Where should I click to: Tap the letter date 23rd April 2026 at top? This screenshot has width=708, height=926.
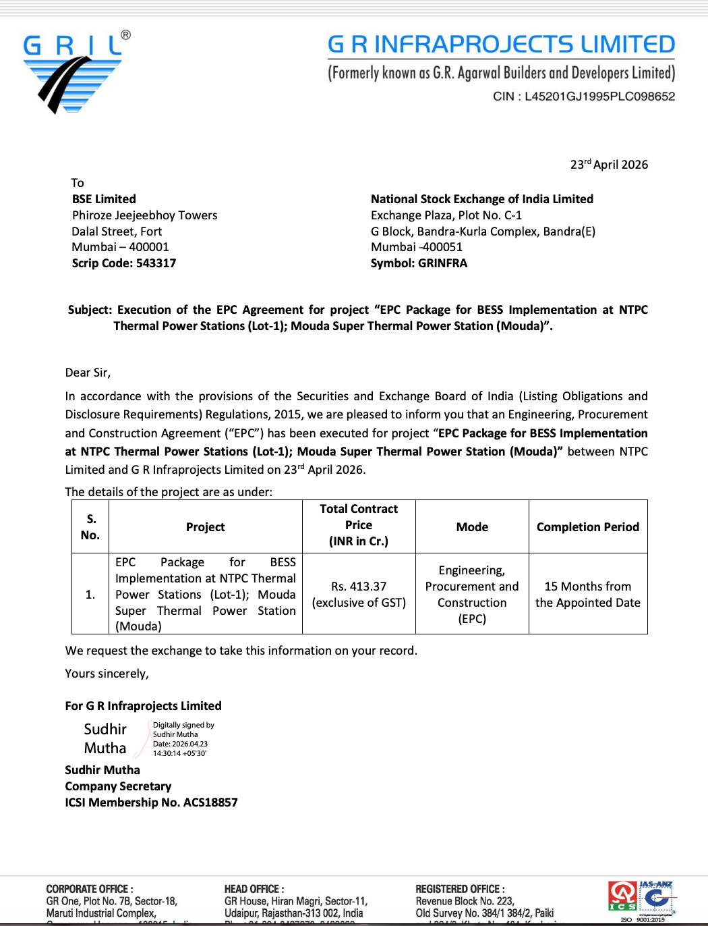pos(609,165)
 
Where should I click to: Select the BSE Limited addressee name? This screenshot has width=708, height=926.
pos(104,199)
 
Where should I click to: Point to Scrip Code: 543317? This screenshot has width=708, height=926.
pos(124,263)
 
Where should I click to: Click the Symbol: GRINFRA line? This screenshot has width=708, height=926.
pos(419,263)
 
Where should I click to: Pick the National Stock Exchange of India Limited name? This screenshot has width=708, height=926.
pos(482,199)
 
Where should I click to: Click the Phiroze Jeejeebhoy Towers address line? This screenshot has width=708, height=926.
pos(145,215)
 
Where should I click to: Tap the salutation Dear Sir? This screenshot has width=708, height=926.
pos(88,373)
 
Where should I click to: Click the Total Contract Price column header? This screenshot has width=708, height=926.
pos(359,525)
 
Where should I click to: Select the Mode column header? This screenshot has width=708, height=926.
pos(472,527)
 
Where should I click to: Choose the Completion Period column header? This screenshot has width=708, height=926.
pos(588,527)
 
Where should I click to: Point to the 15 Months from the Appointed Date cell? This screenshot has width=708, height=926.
pos(588,595)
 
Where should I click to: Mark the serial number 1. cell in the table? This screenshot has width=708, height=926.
pos(90,595)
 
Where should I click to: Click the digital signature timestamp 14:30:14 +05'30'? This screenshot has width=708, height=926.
pos(179,753)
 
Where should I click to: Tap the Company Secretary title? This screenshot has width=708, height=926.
pos(118,786)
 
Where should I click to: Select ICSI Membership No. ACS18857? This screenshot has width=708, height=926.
pos(151,802)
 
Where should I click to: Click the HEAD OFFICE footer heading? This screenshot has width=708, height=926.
pos(254,889)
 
